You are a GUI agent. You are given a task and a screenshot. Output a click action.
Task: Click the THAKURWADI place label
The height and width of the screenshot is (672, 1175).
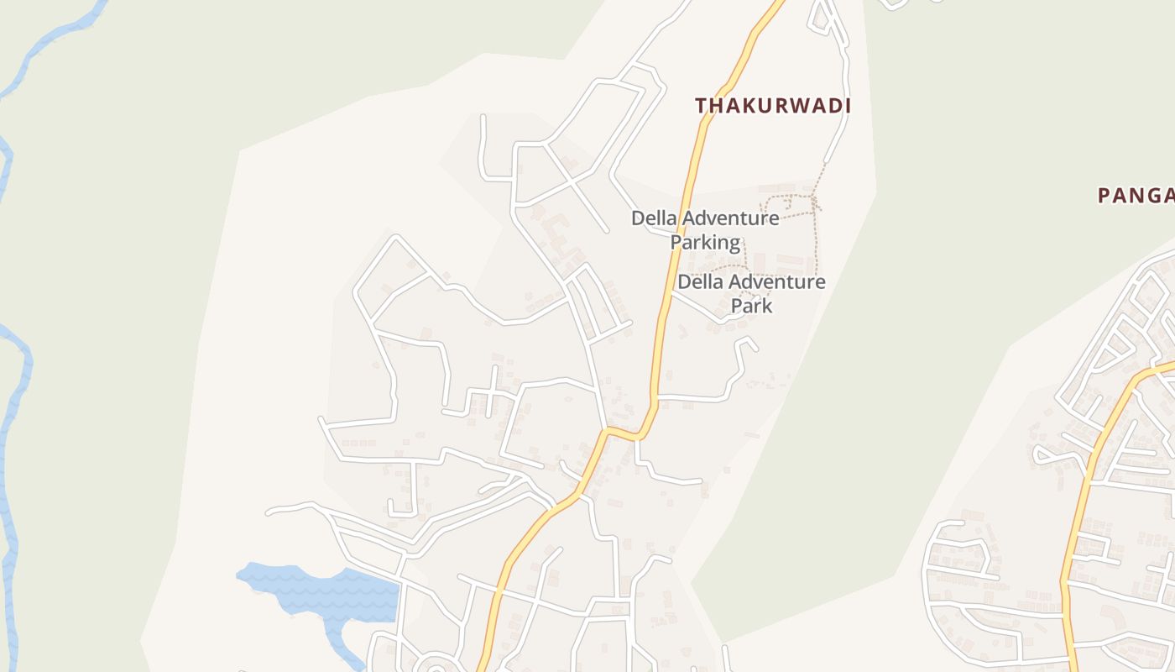point(773,106)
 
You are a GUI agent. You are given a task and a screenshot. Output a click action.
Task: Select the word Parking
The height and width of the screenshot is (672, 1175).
point(705,243)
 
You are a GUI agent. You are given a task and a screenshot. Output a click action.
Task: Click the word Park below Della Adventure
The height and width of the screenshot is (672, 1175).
point(751,305)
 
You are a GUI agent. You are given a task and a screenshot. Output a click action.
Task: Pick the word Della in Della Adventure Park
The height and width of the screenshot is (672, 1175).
point(698,281)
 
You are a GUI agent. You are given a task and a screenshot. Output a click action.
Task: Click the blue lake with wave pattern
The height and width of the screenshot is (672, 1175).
point(336,592)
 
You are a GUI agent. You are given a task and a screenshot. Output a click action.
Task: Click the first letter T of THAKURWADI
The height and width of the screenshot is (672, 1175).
point(701,106)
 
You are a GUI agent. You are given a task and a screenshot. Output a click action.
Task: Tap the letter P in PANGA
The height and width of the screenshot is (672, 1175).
point(1105,196)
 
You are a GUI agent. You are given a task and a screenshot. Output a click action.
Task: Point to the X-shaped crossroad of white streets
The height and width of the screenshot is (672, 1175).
point(572,179)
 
